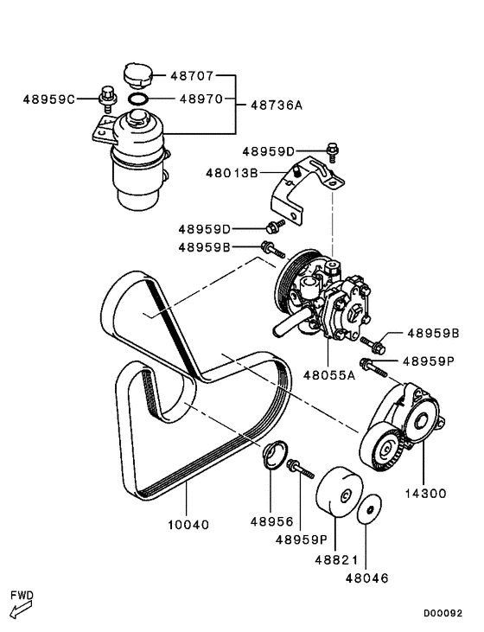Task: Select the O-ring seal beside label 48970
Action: (x=137, y=100)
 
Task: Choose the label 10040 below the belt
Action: (x=188, y=524)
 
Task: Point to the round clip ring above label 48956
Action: (x=275, y=456)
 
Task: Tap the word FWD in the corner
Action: (x=21, y=596)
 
